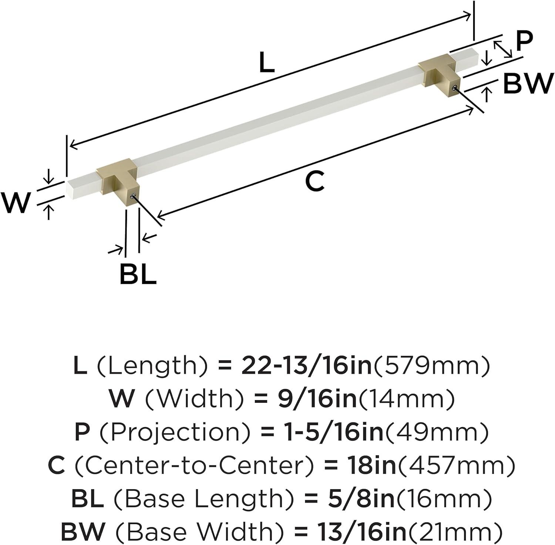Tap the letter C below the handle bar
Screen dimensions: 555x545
[x=315, y=181]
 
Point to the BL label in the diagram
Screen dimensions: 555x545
[x=138, y=274]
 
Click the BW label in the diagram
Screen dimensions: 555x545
[x=528, y=84]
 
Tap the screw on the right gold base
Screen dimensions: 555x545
[x=455, y=88]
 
